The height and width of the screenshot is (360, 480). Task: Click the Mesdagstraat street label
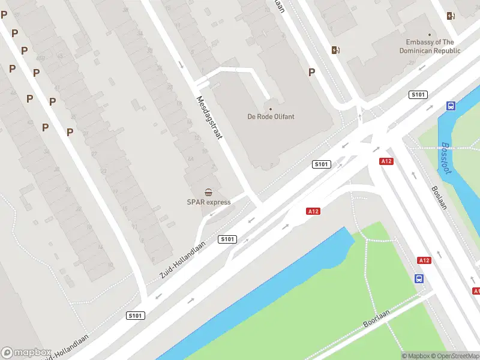(x=209, y=118)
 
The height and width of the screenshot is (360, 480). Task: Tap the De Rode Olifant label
(x=271, y=116)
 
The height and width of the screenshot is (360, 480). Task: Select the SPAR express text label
(x=208, y=202)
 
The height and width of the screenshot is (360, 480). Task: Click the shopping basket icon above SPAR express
(x=208, y=192)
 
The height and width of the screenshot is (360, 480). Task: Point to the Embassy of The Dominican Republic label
(x=430, y=46)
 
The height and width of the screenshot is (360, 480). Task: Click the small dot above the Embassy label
(x=430, y=34)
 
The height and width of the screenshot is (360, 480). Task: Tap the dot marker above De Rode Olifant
(x=271, y=109)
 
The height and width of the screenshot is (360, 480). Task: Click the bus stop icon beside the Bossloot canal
(x=451, y=106)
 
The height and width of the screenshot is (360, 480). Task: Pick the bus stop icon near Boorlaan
(x=419, y=278)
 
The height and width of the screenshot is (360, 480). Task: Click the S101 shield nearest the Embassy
(x=418, y=95)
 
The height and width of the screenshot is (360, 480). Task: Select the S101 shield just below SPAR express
(x=227, y=239)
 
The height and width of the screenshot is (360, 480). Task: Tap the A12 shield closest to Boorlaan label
(x=424, y=260)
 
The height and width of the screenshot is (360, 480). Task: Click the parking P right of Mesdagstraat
(x=311, y=72)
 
